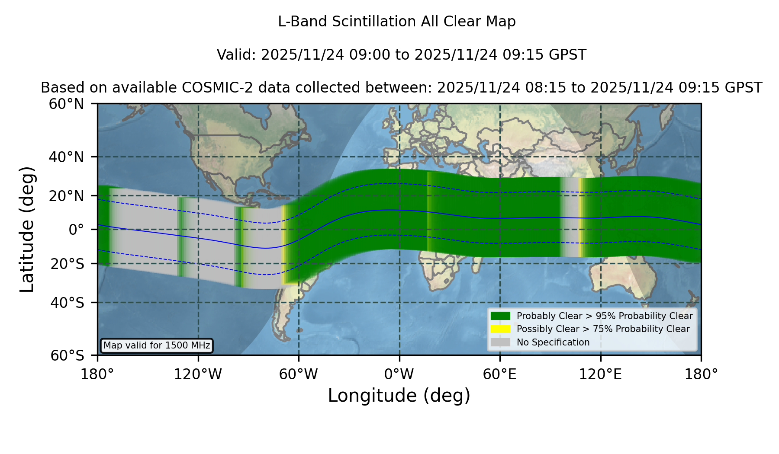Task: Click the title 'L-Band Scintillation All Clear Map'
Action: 397,22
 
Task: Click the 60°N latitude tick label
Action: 66,104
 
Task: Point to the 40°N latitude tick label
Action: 66,157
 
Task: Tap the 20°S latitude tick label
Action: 67,264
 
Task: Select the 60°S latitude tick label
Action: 67,355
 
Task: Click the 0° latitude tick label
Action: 76,230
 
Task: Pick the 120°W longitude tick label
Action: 198,374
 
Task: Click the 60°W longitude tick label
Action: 299,374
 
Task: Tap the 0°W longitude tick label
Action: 399,374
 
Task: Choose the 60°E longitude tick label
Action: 500,374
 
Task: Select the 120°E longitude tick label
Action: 601,374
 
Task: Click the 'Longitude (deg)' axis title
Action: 399,396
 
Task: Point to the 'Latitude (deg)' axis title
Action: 27,229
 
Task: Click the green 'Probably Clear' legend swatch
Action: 501,316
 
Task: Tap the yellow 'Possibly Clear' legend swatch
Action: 501,329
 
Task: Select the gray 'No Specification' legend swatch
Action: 501,342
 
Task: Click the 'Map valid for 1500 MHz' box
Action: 157,345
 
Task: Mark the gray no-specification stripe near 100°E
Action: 570,217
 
